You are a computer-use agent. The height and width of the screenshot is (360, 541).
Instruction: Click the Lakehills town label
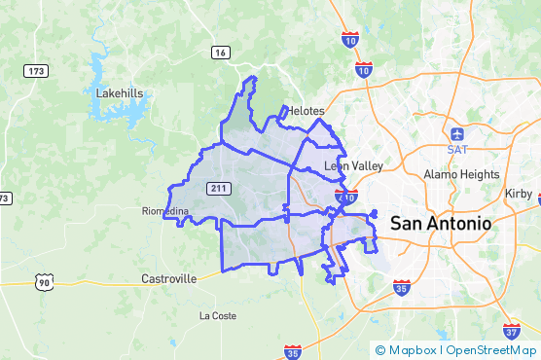tap(120, 93)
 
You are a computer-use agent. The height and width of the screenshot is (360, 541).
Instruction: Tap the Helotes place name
tap(304, 111)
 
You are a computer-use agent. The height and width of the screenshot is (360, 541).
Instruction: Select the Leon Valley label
tap(353, 166)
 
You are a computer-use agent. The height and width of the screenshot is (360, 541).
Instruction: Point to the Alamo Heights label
tap(461, 174)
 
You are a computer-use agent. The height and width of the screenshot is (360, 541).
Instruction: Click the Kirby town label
tap(519, 194)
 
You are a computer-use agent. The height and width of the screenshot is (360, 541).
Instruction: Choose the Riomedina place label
tap(164, 211)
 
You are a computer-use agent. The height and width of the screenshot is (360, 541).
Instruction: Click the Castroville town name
tap(169, 278)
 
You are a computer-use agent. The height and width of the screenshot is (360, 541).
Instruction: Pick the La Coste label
tap(218, 316)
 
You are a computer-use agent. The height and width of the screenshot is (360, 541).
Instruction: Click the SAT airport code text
tap(457, 149)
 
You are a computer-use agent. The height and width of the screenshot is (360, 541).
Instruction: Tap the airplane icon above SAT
tap(457, 132)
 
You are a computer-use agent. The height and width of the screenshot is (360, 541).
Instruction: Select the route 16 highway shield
tap(222, 53)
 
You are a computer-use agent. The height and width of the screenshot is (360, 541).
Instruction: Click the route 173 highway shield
tap(37, 71)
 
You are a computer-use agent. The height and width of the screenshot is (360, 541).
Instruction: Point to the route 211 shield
tap(217, 185)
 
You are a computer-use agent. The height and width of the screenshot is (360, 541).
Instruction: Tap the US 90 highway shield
tap(43, 282)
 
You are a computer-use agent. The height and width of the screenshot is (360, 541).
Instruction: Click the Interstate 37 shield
tap(512, 331)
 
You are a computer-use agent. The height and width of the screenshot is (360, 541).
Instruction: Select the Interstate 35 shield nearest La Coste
tap(293, 350)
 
